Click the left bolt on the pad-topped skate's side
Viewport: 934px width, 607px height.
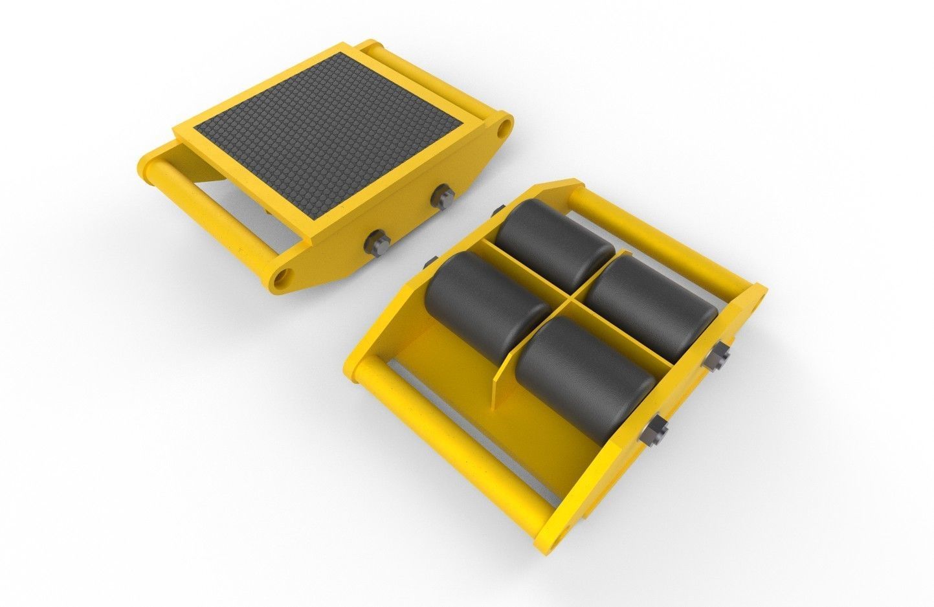coord(377,241)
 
